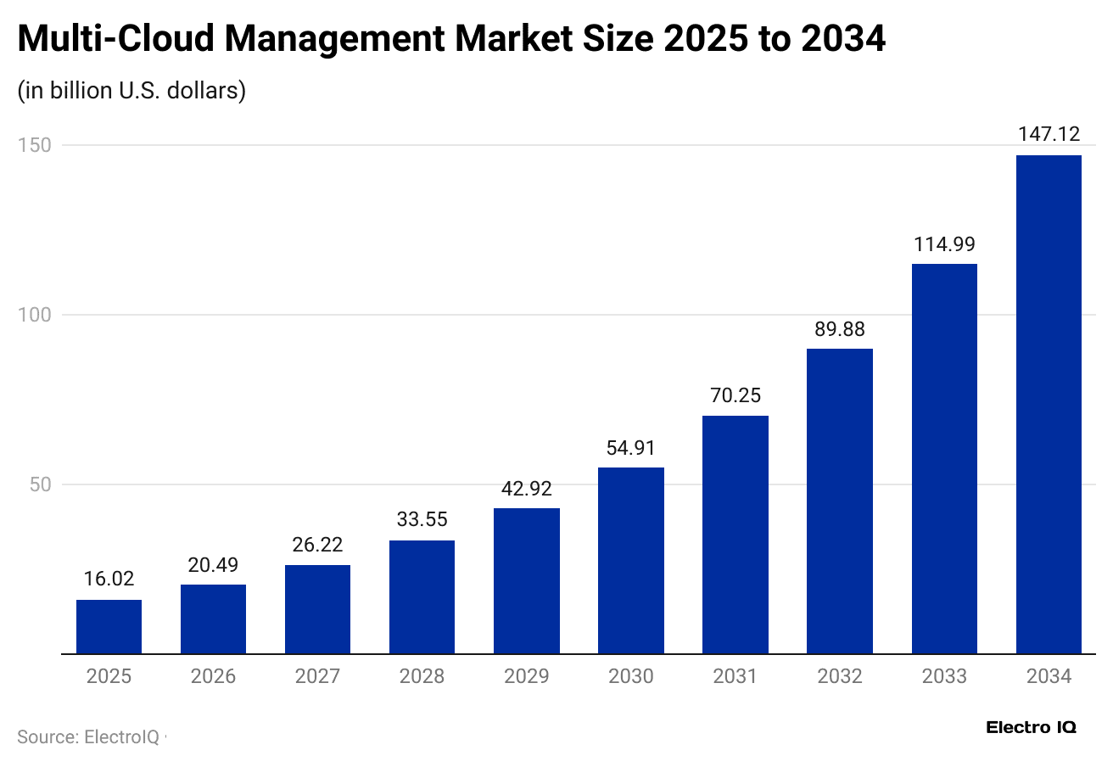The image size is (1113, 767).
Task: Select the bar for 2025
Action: (x=109, y=626)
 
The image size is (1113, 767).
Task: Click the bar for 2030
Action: (x=631, y=560)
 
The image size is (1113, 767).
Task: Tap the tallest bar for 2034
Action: (x=1049, y=404)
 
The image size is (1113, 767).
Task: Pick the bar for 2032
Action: (x=840, y=501)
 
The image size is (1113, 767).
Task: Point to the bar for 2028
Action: (x=422, y=596)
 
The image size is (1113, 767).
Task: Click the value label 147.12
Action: (x=1049, y=134)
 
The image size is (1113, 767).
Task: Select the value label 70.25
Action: (x=735, y=395)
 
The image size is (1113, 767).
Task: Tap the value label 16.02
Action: (x=109, y=579)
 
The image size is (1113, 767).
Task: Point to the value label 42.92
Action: (x=527, y=489)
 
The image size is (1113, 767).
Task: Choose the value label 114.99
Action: (x=944, y=244)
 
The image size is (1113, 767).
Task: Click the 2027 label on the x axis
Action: (x=317, y=676)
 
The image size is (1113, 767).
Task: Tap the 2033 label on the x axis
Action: (x=944, y=676)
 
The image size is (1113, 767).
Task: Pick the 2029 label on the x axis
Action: (x=527, y=676)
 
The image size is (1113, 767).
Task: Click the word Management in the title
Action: (x=333, y=39)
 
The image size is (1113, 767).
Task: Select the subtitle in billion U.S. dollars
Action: (x=131, y=91)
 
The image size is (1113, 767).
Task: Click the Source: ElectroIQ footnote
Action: (x=88, y=737)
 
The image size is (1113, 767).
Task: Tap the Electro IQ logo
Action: (x=1031, y=727)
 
